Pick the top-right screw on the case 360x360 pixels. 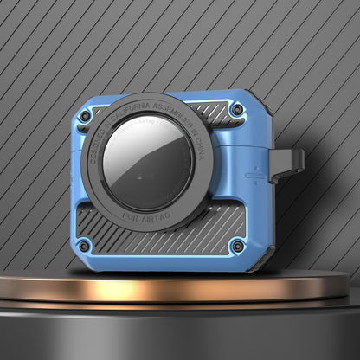[x=235, y=111]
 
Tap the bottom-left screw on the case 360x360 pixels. [x=84, y=246]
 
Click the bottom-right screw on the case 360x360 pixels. [x=236, y=247]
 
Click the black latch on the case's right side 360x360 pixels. [x=289, y=164]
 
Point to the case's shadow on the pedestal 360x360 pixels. [x=164, y=276]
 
